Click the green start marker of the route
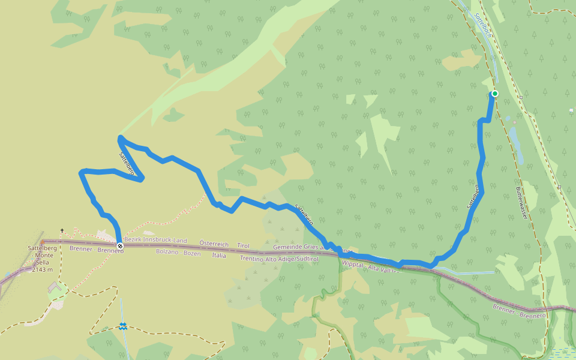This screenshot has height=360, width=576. click(495, 94)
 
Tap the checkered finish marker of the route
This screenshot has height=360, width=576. click(120, 246)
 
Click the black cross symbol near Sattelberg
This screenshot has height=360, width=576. click(62, 230)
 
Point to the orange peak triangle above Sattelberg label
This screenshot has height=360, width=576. click(42, 241)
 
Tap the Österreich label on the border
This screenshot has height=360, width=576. click(215, 245)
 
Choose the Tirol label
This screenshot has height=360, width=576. click(243, 245)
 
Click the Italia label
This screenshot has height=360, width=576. click(219, 255)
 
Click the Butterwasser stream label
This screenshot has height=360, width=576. click(521, 202)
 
